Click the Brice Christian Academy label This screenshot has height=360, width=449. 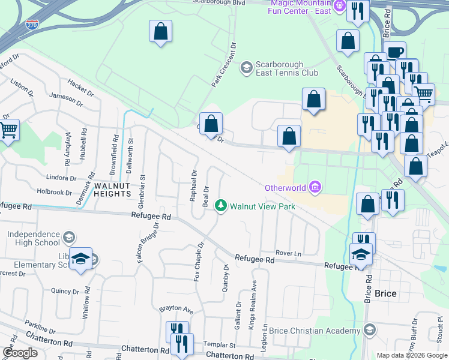(x=324, y=331)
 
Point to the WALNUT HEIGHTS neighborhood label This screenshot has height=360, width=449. (x=112, y=190)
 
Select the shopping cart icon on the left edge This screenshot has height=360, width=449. (x=8, y=130)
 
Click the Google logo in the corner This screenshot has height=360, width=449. (x=20, y=352)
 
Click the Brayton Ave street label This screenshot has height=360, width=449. (x=176, y=310)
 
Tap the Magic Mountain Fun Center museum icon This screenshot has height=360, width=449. (x=339, y=7)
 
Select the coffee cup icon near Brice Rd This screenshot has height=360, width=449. (x=395, y=52)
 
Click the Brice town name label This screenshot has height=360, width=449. (x=385, y=294)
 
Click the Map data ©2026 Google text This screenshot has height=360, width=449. (x=411, y=355)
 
